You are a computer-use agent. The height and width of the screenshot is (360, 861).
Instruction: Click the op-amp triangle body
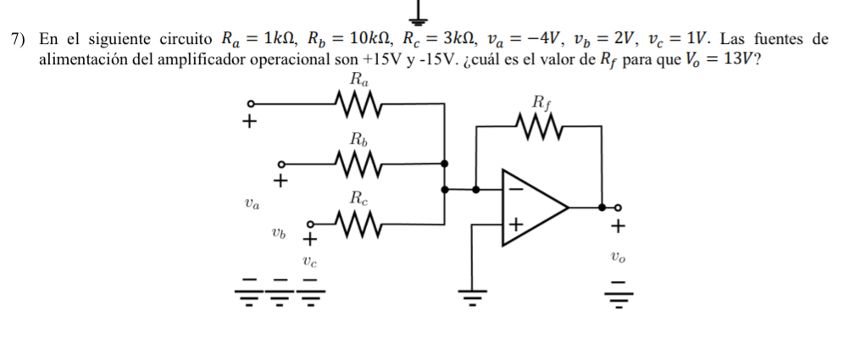pyautogui.click(x=530, y=207)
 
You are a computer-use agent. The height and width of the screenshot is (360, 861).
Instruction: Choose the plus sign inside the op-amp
pyautogui.click(x=514, y=224)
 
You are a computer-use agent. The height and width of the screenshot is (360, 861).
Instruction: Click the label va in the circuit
pyautogui.click(x=252, y=202)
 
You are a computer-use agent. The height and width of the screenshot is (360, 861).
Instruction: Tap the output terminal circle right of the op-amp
pyautogui.click(x=618, y=207)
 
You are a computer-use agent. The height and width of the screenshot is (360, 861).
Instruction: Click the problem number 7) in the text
pyautogui.click(x=18, y=40)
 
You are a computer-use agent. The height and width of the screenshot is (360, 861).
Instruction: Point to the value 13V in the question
pyautogui.click(x=736, y=61)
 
